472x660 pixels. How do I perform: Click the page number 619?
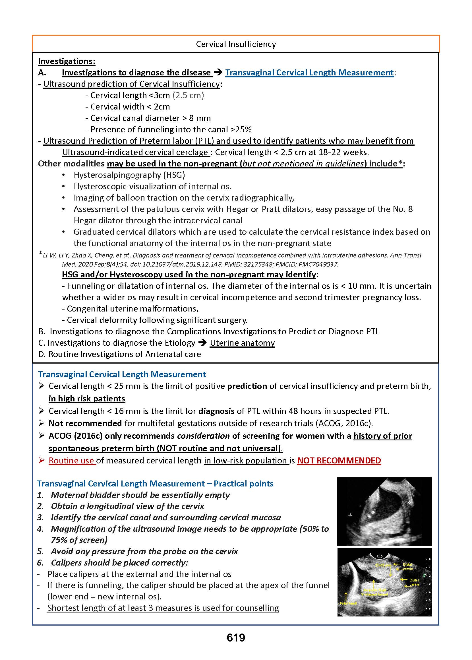click(x=236, y=637)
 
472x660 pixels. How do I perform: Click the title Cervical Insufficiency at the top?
click(x=236, y=44)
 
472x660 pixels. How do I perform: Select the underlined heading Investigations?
click(x=67, y=61)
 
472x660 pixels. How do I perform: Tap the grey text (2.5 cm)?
click(x=188, y=95)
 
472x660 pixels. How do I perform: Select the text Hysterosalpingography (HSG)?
click(x=129, y=175)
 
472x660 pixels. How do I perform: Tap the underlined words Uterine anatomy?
click(x=242, y=343)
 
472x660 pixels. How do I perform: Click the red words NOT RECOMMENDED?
click(x=339, y=461)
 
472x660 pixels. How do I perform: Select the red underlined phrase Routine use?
click(x=71, y=461)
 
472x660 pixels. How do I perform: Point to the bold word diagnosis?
click(x=216, y=411)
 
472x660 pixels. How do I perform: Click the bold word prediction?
click(x=247, y=386)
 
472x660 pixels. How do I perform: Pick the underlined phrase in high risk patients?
click(x=87, y=398)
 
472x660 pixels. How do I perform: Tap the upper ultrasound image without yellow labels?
click(x=384, y=511)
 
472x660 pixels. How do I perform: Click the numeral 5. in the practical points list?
click(x=40, y=551)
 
